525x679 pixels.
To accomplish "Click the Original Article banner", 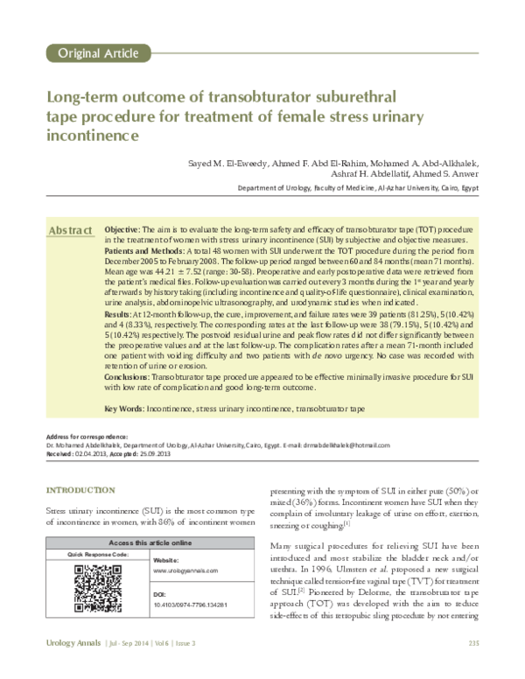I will (x=93, y=53).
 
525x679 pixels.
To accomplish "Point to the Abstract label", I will (x=70, y=230).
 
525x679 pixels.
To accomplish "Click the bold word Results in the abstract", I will (x=119, y=312).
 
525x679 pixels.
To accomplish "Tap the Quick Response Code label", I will (x=92, y=530).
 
